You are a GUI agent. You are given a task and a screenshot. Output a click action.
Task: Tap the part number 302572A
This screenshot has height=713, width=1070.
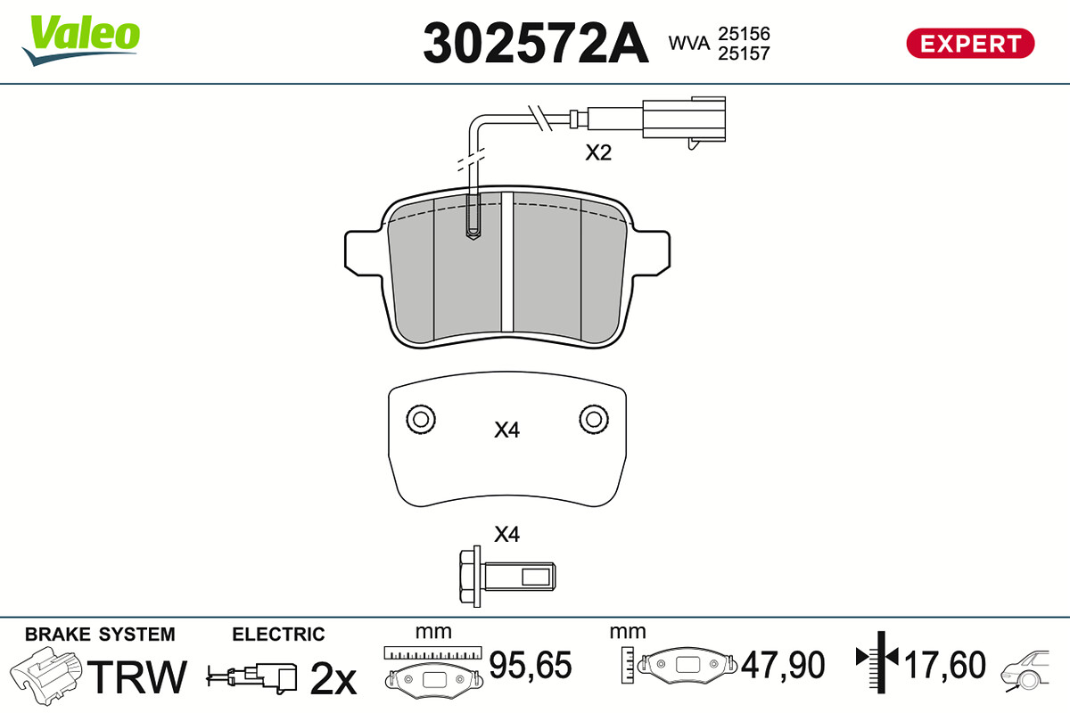click(x=536, y=44)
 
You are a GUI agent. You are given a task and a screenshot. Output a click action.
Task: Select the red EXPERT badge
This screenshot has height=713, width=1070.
click(x=970, y=44)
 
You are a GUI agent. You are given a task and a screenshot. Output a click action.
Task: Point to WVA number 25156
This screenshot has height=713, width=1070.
click(x=744, y=34)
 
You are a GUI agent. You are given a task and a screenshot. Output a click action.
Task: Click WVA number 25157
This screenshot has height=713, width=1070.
click(x=744, y=53)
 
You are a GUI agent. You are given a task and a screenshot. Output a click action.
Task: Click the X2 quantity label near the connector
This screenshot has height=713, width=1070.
click(x=598, y=152)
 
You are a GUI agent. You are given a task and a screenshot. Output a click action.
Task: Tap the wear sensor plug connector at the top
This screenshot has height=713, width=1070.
click(x=684, y=119)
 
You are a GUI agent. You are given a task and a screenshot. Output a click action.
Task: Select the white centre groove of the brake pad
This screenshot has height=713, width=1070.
click(x=507, y=262)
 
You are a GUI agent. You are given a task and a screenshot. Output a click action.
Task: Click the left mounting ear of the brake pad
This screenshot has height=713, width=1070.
click(x=364, y=253)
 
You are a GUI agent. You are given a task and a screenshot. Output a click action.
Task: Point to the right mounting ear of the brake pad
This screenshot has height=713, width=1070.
click(x=651, y=253)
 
